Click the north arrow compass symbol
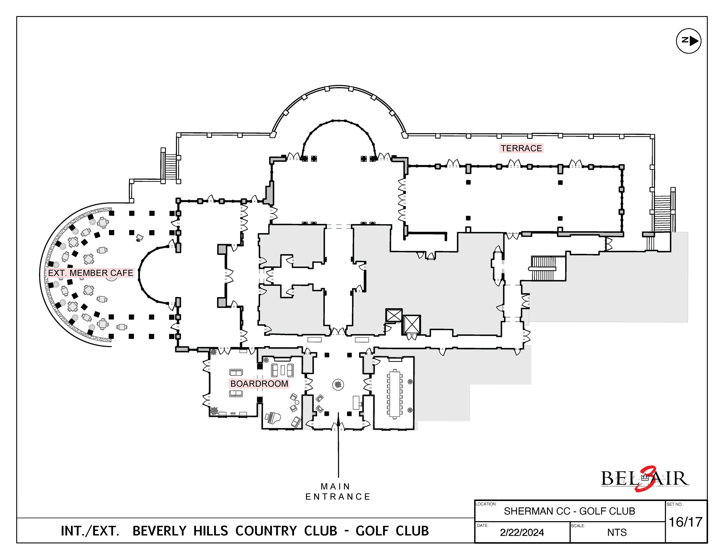689,41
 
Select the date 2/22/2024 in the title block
522,532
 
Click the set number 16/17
686,522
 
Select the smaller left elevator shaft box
394,315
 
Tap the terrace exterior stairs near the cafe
170,166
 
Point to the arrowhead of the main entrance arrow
338,419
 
